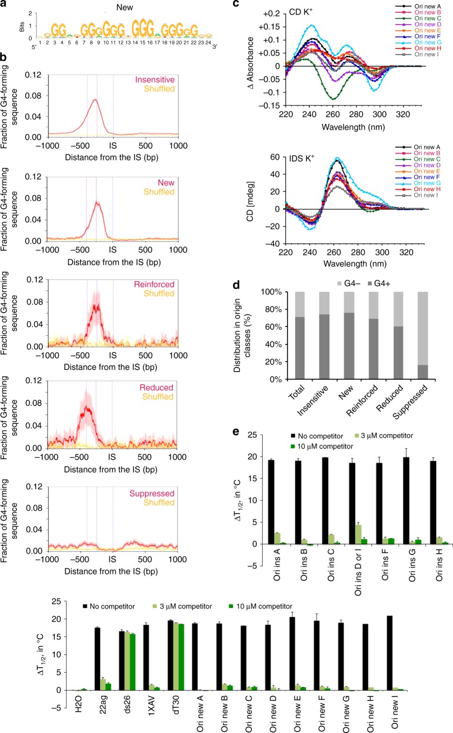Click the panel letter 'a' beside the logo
[5, 5]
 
